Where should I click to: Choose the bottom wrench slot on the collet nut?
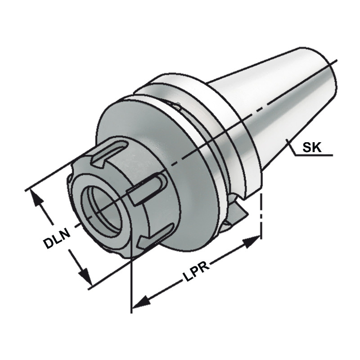(x=155, y=236)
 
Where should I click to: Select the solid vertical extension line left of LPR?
(x=131, y=279)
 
